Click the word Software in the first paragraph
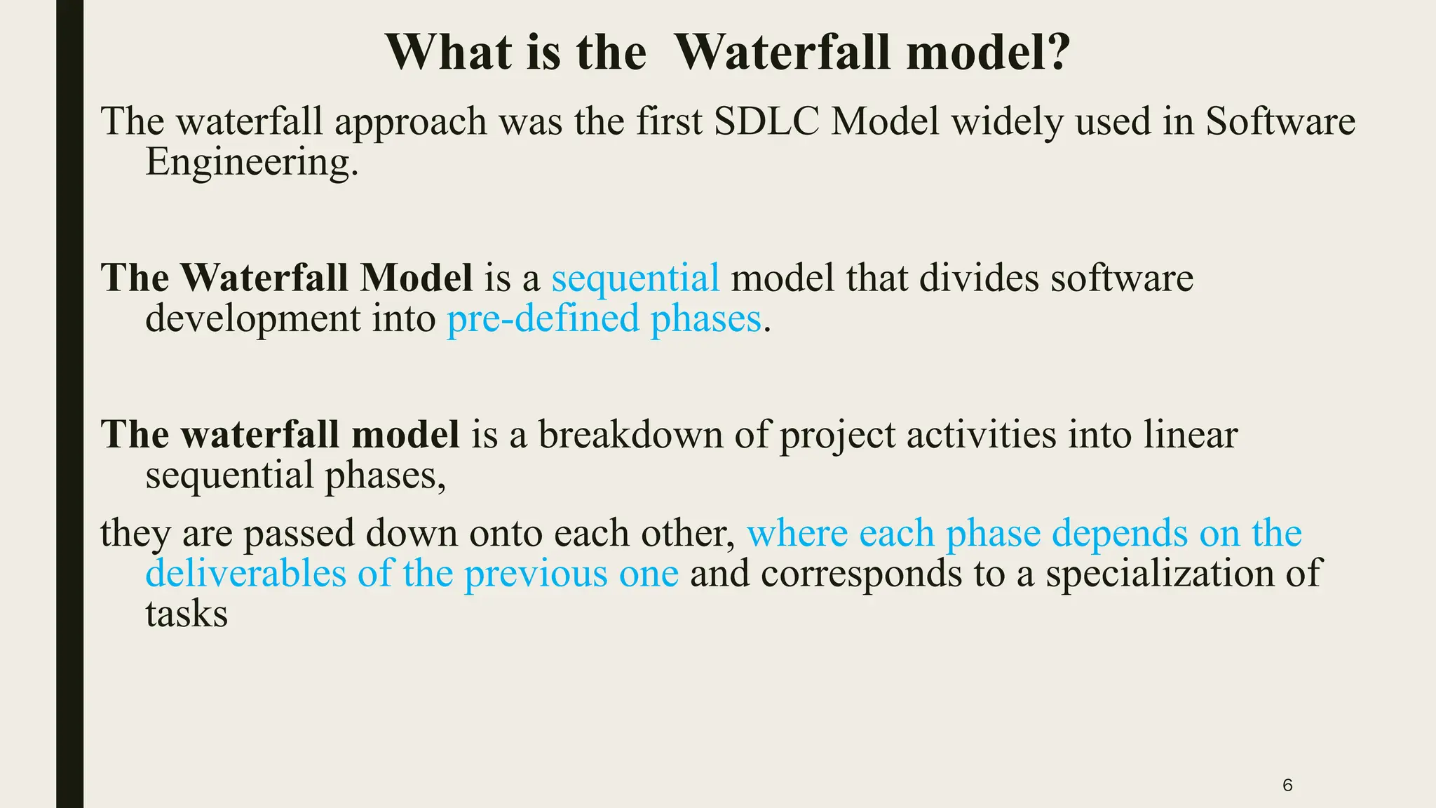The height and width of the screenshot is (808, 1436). pyautogui.click(x=1280, y=121)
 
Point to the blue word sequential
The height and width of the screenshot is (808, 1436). pyautogui.click(x=635, y=278)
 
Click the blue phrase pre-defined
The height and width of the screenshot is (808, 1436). pyautogui.click(x=543, y=318)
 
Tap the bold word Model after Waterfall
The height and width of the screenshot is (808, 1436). pyautogui.click(x=416, y=278)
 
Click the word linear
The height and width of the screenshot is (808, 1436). pyautogui.click(x=1190, y=435)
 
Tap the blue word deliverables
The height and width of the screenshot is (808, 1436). pyautogui.click(x=245, y=574)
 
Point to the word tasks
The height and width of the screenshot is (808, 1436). pyautogui.click(x=187, y=614)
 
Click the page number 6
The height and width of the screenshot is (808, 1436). pyautogui.click(x=1287, y=786)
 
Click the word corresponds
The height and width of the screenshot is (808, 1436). pyautogui.click(x=861, y=574)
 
